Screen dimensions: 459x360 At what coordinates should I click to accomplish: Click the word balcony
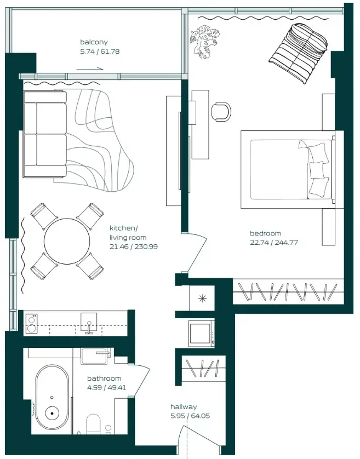(94, 42)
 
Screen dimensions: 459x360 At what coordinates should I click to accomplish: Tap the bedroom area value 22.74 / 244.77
(273, 242)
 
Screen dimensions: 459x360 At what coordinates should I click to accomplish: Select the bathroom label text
(104, 378)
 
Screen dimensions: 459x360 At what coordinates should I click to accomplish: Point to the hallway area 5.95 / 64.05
(190, 416)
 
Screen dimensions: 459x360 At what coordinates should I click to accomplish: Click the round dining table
(67, 242)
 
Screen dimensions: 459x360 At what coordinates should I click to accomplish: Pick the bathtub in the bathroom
(52, 399)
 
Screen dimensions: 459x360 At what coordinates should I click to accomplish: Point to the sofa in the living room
(44, 135)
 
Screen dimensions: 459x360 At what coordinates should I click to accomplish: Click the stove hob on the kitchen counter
(31, 323)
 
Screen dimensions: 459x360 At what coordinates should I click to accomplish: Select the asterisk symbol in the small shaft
(202, 299)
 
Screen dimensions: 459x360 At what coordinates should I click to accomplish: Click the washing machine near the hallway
(201, 333)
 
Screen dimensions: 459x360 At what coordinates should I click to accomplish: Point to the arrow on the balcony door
(90, 69)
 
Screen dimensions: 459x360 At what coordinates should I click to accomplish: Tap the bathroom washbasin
(96, 356)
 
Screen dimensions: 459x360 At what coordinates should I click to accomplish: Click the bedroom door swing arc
(197, 252)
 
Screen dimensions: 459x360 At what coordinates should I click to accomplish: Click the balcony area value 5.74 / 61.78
(99, 51)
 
